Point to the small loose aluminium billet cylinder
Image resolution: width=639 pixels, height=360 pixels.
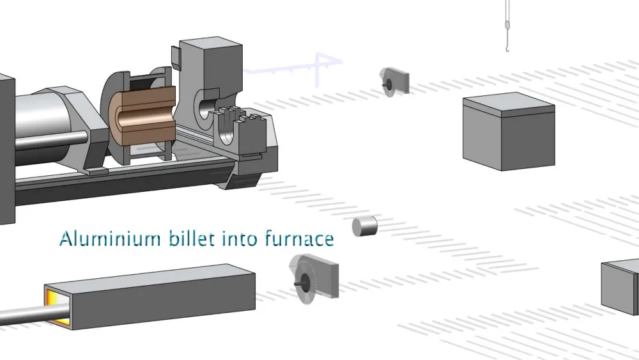pyautogui.click(x=365, y=226)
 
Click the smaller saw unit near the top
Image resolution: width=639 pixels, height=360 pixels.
pyautogui.click(x=394, y=82)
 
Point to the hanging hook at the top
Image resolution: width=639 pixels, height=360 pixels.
pyautogui.click(x=507, y=26)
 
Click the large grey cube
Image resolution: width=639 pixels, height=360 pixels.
pyautogui.click(x=509, y=131)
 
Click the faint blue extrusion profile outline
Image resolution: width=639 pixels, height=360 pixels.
pyautogui.click(x=293, y=67)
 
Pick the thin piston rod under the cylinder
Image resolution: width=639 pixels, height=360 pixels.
pyautogui.click(x=51, y=141)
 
